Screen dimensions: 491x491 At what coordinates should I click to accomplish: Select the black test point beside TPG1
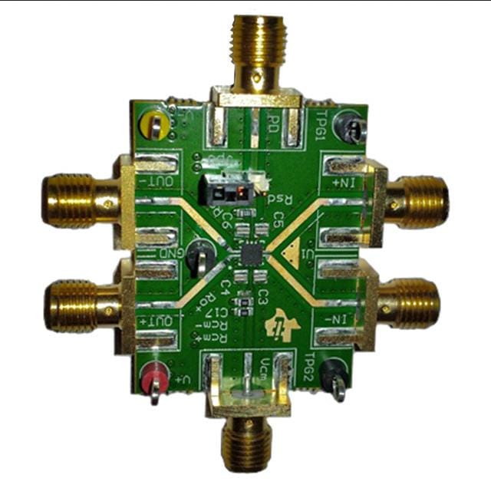point(352,127)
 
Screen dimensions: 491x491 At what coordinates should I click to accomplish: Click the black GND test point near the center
point(202,251)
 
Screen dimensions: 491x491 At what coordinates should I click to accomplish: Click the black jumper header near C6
point(223,187)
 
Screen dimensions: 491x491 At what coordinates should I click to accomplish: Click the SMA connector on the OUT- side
point(77,200)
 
